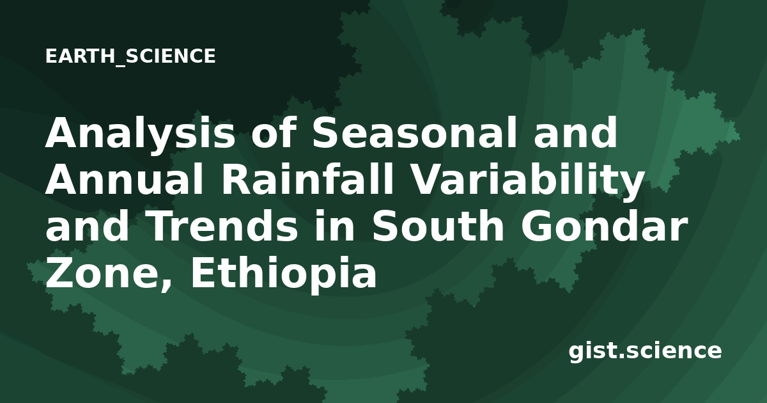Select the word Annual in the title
pyautogui.click(x=124, y=180)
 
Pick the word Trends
pyautogui.click(x=223, y=225)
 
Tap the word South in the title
pyautogui.click(x=438, y=225)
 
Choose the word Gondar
pyautogui.click(x=605, y=225)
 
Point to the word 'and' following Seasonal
pyautogui.click(x=575, y=132)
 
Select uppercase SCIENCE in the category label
pyautogui.click(x=171, y=56)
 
